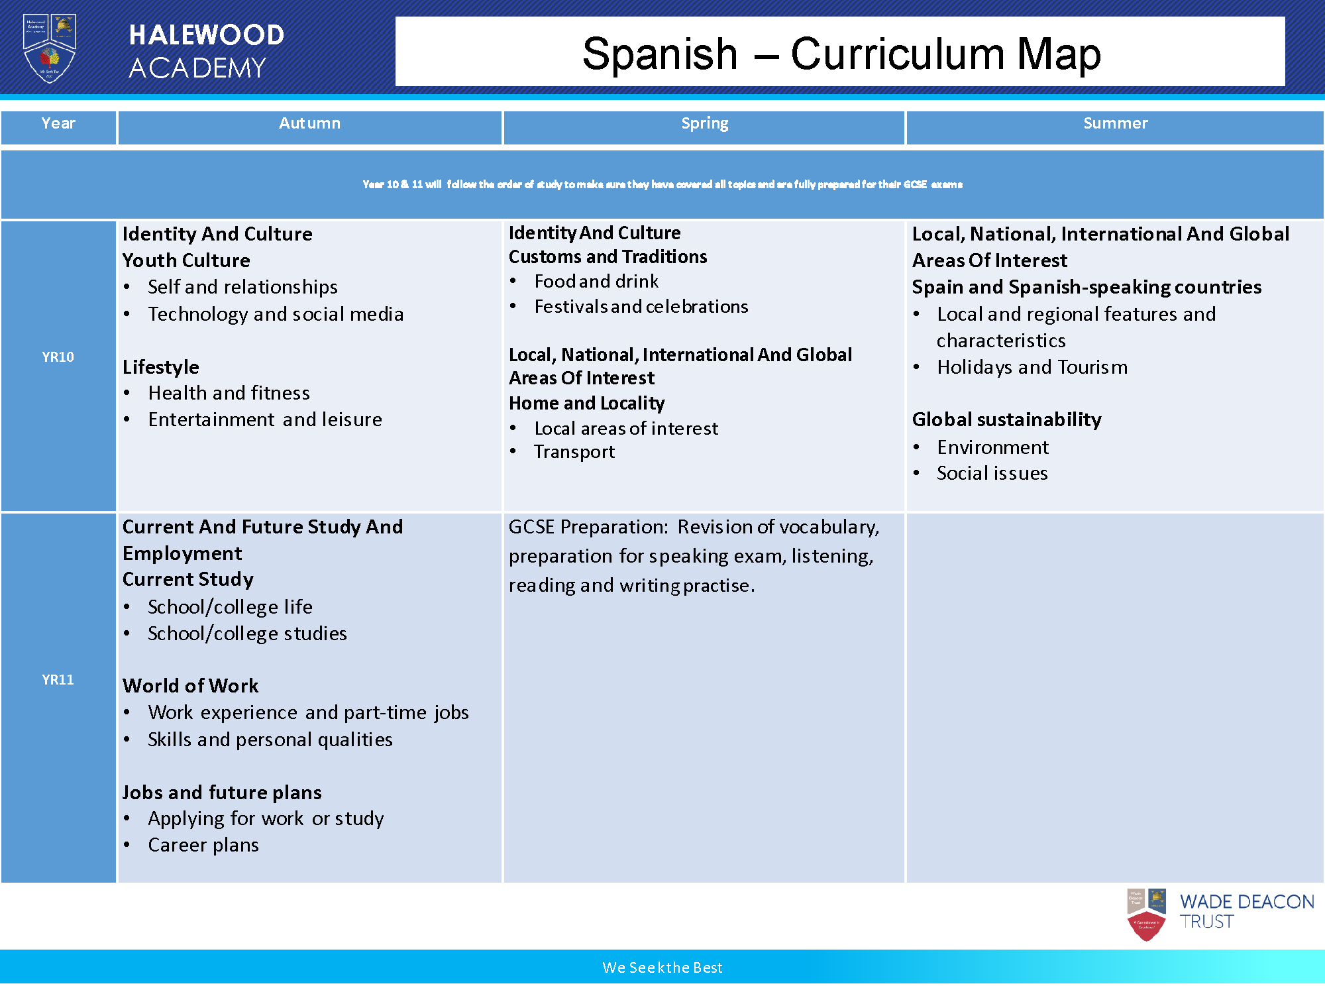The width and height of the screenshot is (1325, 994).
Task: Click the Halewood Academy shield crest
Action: pyautogui.click(x=50, y=48)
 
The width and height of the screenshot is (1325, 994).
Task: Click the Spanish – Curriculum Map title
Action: pyautogui.click(x=841, y=53)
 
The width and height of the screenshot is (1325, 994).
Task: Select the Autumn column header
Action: pyautogui.click(x=309, y=123)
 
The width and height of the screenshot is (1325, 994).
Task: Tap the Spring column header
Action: pyautogui.click(x=704, y=123)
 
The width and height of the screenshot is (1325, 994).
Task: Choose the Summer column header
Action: pyautogui.click(x=1115, y=123)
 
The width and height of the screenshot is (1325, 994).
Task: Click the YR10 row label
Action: pyautogui.click(x=58, y=357)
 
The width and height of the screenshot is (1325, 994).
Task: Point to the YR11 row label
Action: pyautogui.click(x=58, y=680)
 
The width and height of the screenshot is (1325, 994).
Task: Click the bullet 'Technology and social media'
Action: pyautogui.click(x=276, y=314)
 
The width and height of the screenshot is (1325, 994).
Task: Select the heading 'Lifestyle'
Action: pyautogui.click(x=161, y=367)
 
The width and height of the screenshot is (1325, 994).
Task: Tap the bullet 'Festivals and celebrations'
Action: pyautogui.click(x=641, y=307)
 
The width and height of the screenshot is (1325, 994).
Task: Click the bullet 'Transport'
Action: pyautogui.click(x=574, y=452)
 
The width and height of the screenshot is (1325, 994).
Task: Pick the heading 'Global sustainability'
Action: pyautogui.click(x=1006, y=419)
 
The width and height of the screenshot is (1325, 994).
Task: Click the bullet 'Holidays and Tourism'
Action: pyautogui.click(x=1032, y=367)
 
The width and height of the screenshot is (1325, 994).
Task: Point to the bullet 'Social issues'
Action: pyautogui.click(x=992, y=473)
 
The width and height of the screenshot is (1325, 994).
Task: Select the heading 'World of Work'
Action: pyautogui.click(x=191, y=686)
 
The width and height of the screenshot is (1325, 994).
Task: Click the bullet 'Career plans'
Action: pyautogui.click(x=203, y=845)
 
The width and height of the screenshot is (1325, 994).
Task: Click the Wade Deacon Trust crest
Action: pyautogui.click(x=1146, y=914)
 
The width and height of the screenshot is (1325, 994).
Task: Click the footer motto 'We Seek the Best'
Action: pyautogui.click(x=662, y=967)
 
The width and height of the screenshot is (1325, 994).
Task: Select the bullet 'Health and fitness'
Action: pyautogui.click(x=229, y=393)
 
